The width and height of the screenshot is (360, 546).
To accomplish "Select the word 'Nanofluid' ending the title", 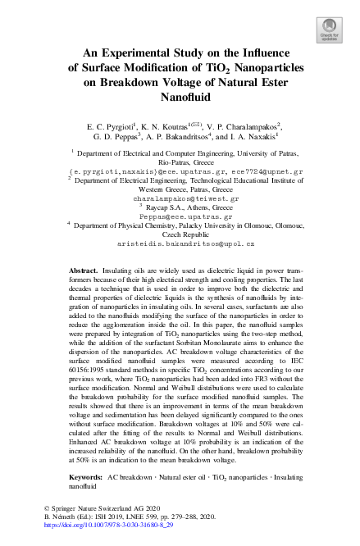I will click(x=180, y=97).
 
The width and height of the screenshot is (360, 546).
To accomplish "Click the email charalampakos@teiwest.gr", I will click(x=180, y=198).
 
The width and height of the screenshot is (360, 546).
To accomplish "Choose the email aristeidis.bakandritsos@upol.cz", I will click(x=180, y=244).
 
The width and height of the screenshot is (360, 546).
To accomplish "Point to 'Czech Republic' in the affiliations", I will click(x=180, y=234).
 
